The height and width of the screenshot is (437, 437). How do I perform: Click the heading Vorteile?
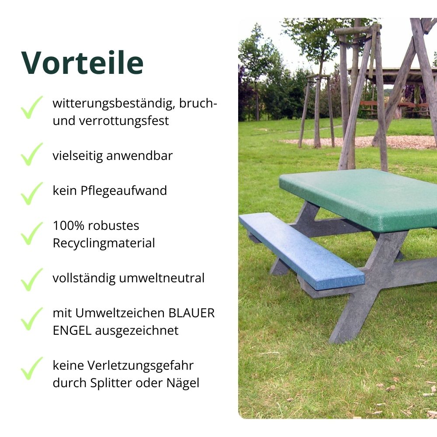tap(82, 62)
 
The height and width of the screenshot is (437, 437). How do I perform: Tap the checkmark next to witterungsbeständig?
tap(32, 108)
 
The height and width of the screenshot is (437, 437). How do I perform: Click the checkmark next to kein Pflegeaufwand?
tap(32, 193)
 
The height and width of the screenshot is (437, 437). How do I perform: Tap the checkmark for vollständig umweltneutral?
tap(32, 279)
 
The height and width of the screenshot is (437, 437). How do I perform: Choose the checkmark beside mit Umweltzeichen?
tap(32, 319)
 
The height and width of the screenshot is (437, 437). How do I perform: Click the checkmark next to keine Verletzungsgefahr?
tap(32, 368)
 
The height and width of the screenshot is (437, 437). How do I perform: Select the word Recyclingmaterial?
tap(104, 243)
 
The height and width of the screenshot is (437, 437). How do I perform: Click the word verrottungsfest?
tap(124, 121)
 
